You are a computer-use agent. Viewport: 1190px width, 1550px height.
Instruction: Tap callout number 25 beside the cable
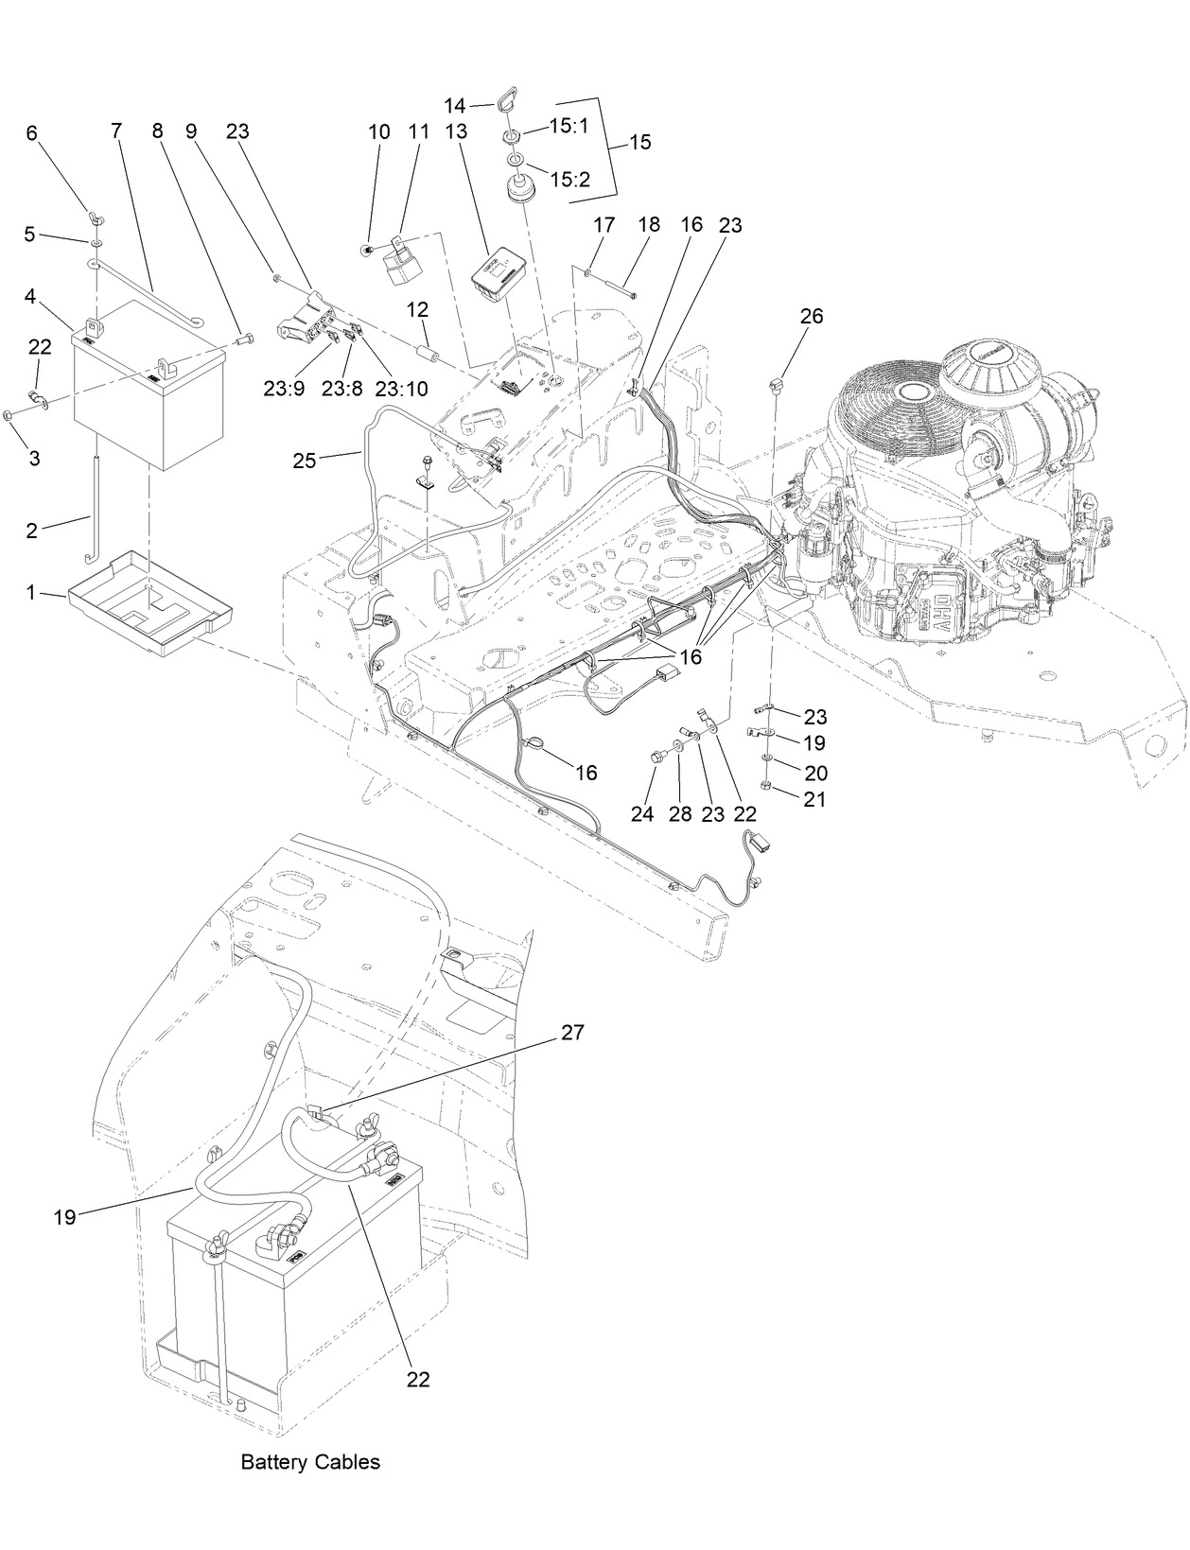coord(304,461)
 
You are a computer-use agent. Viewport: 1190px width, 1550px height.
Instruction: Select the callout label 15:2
coord(569,179)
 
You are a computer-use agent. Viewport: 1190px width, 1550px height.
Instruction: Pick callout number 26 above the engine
coord(812,316)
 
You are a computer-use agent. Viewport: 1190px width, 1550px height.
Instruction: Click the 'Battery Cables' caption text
coord(310,1461)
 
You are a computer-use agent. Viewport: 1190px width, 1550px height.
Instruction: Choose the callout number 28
coord(680,813)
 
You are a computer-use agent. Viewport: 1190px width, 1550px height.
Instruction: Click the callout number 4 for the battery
coord(30,296)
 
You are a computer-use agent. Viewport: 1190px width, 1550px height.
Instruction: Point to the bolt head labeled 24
coord(656,757)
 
